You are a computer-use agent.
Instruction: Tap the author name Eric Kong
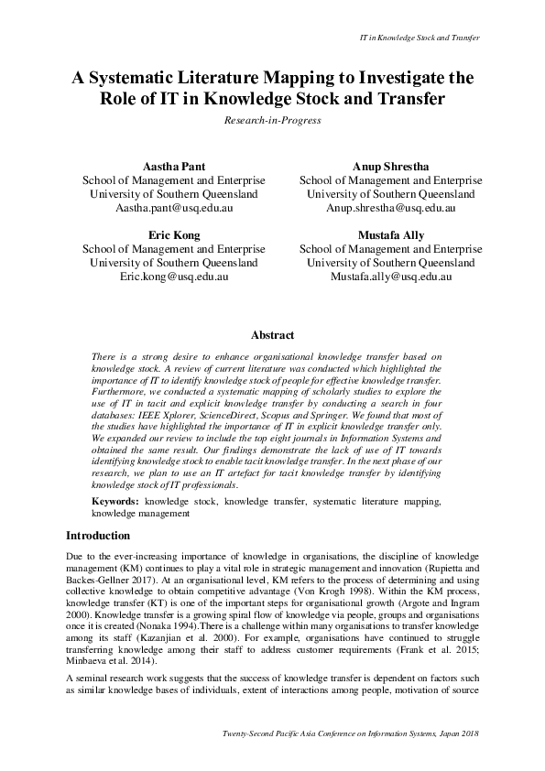coord(174,235)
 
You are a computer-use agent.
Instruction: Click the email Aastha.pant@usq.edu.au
coord(174,208)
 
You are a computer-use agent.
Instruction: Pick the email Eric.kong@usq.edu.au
coord(174,277)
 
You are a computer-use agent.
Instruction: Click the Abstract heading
coord(272,336)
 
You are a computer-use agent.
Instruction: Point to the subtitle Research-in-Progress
coord(272,120)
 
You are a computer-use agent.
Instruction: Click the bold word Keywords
coord(114,502)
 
